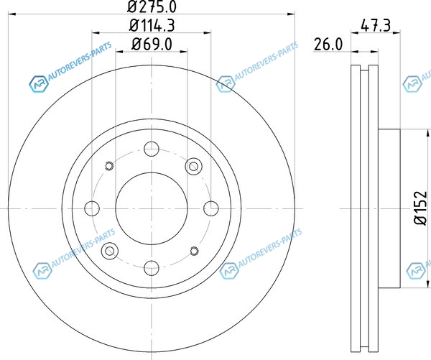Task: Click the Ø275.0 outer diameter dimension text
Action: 152,6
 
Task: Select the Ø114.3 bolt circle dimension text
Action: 152,26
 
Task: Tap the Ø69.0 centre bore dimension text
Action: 152,44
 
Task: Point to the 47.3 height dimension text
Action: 376,26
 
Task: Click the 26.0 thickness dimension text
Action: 328,45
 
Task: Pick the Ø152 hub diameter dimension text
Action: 421,208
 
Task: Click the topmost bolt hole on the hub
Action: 152,149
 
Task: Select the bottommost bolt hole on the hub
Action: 152,268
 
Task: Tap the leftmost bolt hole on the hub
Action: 92,208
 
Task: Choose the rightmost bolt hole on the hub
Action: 211,208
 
